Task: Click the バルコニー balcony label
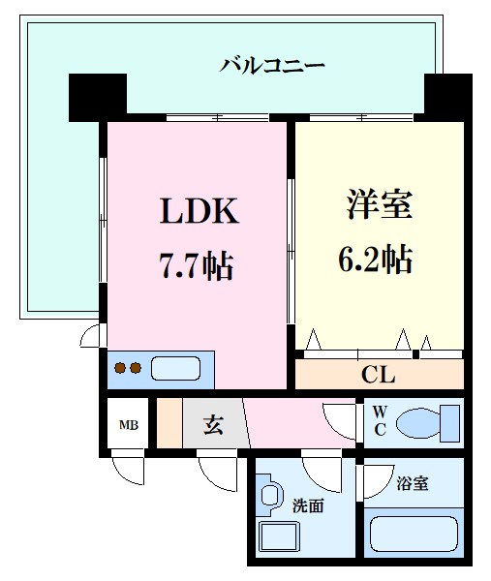coord(272,66)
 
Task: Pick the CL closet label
coord(378,375)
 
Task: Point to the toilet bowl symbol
coord(427,422)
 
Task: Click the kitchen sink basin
coord(176,368)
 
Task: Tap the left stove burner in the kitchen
coord(121,368)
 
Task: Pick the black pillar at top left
coord(98,96)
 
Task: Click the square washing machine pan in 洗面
coord(279,538)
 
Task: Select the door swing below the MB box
coord(129,470)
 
